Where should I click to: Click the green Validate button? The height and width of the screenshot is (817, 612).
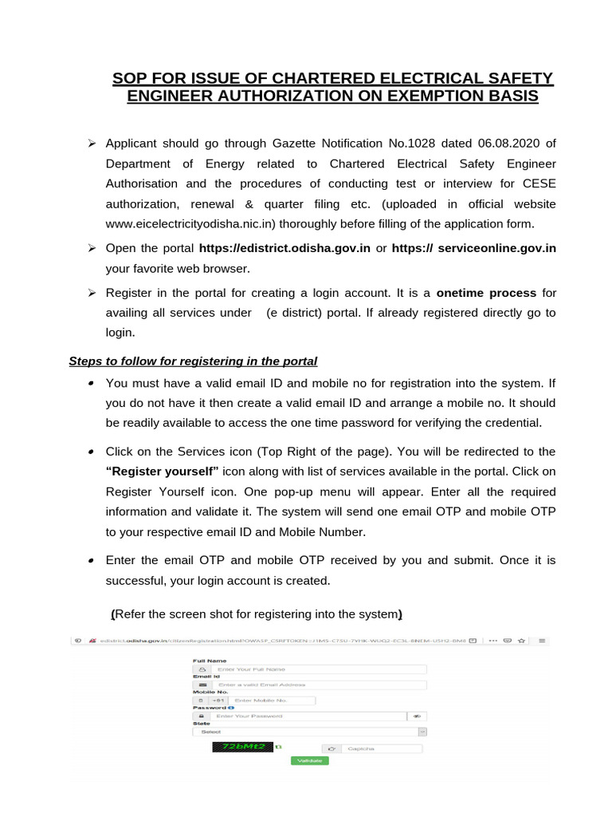[309, 760]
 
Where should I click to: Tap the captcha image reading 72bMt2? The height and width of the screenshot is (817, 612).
[242, 747]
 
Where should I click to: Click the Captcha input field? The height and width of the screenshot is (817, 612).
[380, 749]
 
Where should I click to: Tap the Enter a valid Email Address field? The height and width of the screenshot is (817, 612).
[319, 685]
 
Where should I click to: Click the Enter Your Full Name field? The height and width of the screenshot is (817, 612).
[319, 669]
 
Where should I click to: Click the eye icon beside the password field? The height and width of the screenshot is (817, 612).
[416, 716]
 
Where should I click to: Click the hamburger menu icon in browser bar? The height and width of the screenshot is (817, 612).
[542, 640]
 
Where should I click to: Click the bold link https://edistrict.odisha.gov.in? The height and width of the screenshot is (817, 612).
[284, 248]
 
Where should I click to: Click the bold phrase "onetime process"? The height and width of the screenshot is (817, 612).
[486, 293]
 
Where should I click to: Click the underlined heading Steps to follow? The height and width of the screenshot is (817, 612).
[194, 361]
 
